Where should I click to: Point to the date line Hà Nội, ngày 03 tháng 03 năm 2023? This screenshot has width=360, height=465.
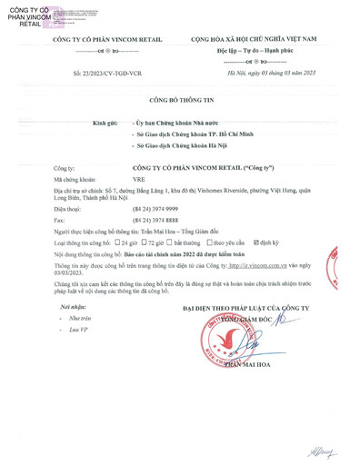(x=265, y=70)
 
